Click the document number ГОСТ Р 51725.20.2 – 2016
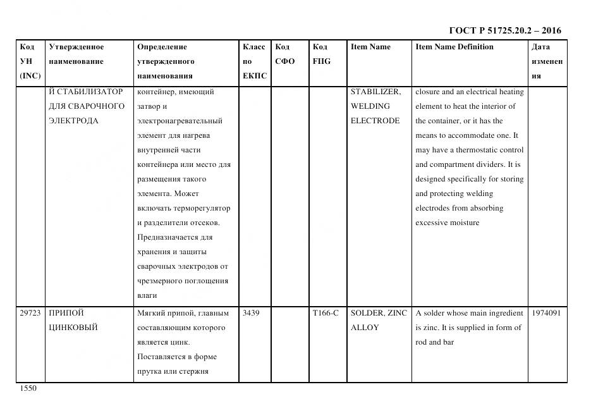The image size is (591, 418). pos(504,30)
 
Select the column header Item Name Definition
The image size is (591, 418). pos(454,47)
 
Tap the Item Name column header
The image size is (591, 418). pos(370,47)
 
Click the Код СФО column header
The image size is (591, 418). pos(285,54)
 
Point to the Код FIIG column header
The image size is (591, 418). pos(321,54)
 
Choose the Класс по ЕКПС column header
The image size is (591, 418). pos(254,61)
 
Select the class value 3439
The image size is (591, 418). pos(251,313)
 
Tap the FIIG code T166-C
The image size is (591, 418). pos(326,313)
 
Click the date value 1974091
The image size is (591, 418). pos(547,313)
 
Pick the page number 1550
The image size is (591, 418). pos(28,388)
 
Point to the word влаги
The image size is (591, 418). pos(147,295)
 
